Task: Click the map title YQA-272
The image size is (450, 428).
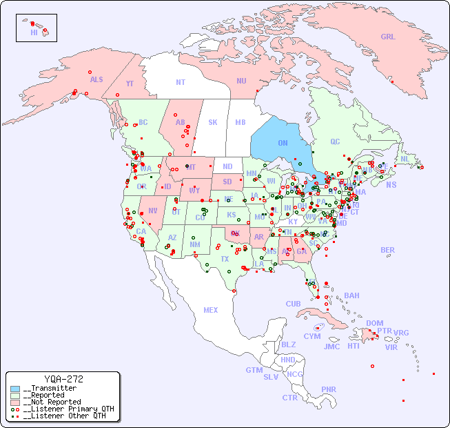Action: click(63, 379)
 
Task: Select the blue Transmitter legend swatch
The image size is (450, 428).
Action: click(15, 389)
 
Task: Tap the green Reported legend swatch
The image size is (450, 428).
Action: click(15, 395)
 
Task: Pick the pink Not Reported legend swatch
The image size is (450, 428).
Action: click(15, 402)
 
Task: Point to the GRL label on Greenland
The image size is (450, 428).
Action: click(388, 37)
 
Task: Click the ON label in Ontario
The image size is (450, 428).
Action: click(283, 143)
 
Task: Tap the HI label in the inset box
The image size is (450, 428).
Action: click(34, 32)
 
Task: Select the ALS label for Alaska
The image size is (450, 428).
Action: click(96, 79)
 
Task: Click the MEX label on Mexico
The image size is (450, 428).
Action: click(211, 310)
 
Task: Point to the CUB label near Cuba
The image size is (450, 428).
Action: click(293, 304)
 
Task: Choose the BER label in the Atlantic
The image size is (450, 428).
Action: click(388, 250)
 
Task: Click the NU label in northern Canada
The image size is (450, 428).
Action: click(241, 81)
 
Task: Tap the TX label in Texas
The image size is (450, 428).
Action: click(225, 259)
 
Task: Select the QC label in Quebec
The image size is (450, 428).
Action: click(335, 142)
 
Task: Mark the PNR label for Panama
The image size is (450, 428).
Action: click(329, 389)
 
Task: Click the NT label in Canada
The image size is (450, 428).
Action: click(181, 82)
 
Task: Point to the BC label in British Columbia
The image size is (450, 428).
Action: click(143, 122)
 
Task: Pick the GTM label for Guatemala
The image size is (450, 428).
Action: click(254, 370)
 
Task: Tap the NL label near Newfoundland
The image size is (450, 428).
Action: click(405, 158)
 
